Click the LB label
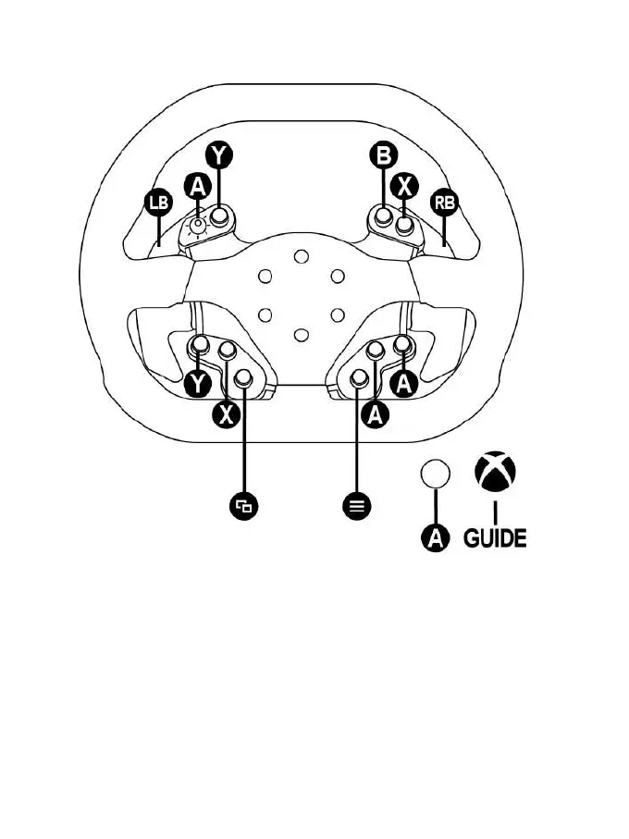158,203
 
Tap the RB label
445,203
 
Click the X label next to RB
404,185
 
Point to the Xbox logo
495,471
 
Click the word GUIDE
495,537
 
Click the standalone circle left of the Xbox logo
435,473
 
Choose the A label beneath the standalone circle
435,537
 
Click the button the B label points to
383,218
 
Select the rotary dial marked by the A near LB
198,225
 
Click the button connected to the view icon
243,377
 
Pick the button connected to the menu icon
360,377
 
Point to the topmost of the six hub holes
301,255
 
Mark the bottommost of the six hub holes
301,334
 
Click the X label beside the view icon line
225,414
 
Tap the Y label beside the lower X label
197,383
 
